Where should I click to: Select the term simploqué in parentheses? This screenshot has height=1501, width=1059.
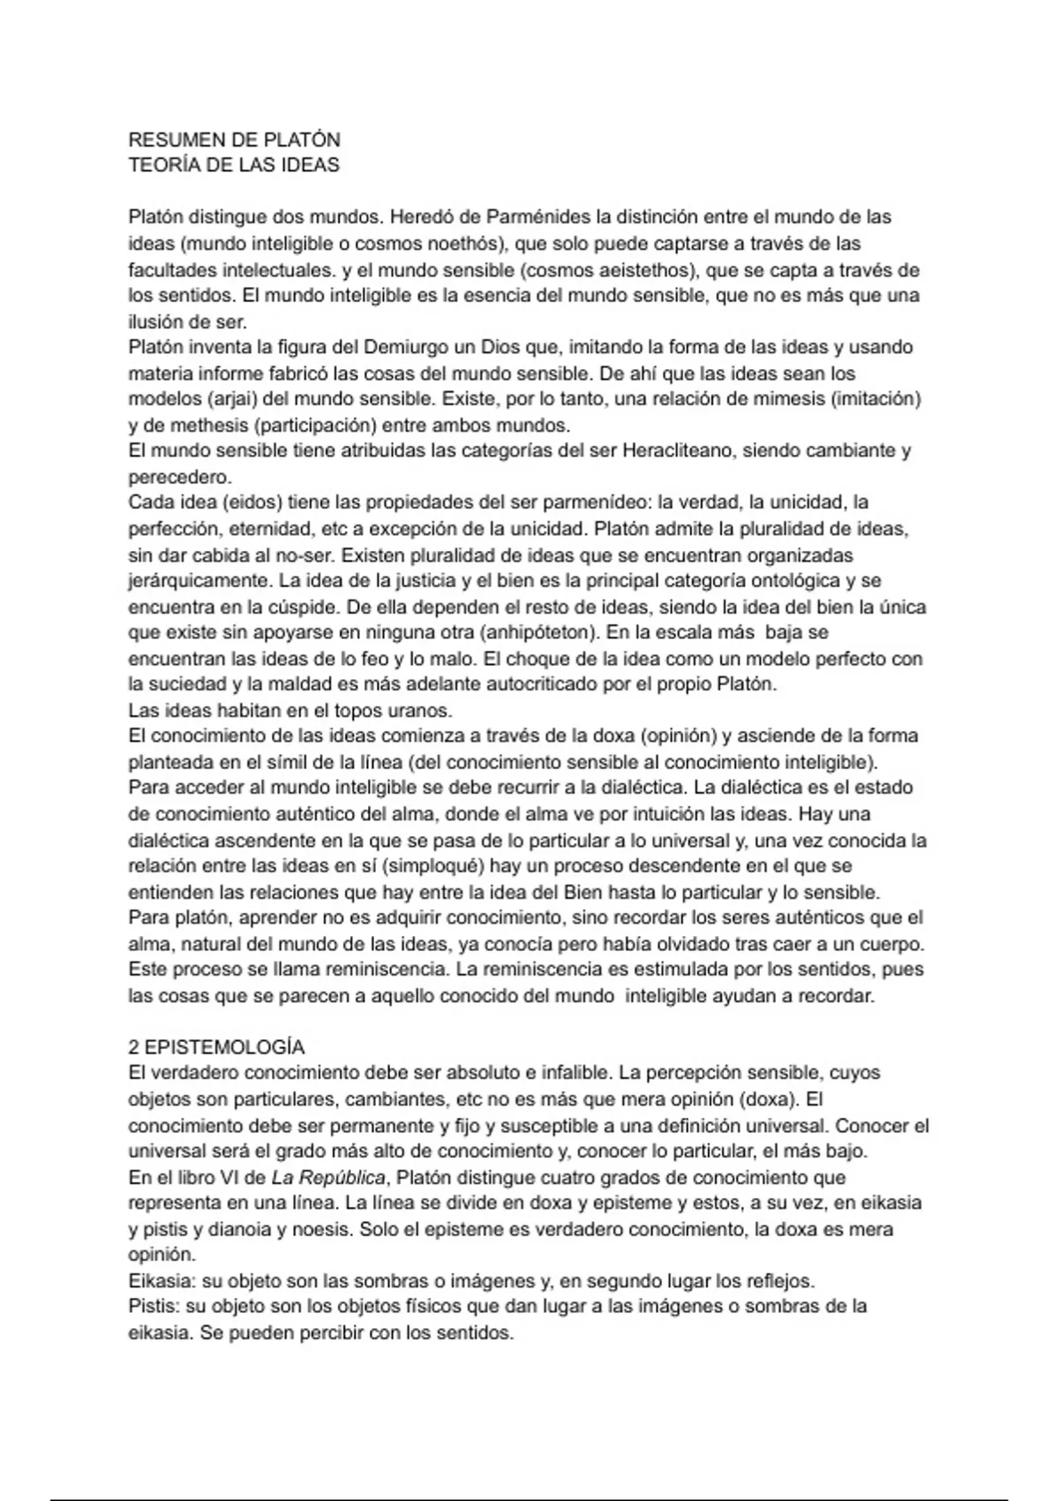[434, 866]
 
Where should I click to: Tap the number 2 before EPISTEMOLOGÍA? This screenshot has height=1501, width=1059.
[133, 1047]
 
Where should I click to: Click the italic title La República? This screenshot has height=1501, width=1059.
[327, 1178]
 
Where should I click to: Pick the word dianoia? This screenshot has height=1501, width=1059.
[234, 1230]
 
